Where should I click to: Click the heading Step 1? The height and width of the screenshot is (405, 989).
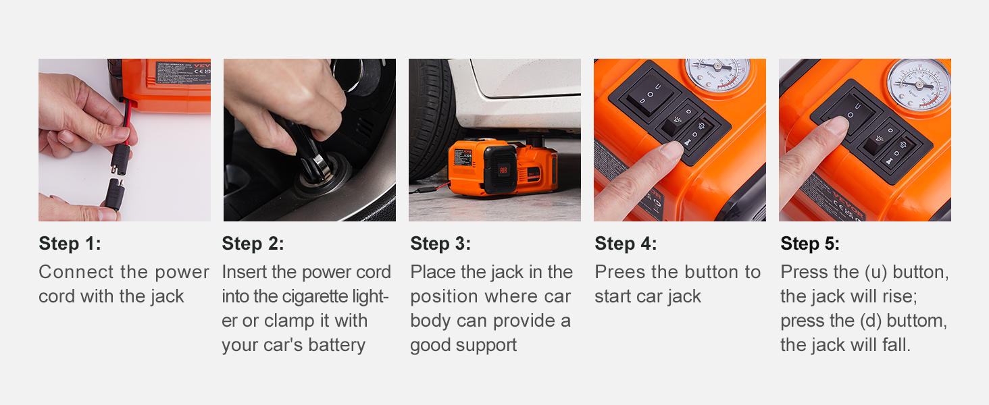[x=70, y=244]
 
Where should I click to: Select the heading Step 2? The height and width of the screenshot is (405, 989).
[x=253, y=244]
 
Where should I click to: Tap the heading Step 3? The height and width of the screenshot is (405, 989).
[x=440, y=244]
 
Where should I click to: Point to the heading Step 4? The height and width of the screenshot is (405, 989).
[x=626, y=244]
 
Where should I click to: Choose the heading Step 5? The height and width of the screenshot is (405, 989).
[x=810, y=244]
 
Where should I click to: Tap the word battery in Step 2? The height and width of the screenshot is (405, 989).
[x=336, y=345]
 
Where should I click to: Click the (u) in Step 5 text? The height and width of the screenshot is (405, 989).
[x=867, y=272]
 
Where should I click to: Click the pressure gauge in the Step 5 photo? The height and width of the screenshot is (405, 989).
[x=918, y=84]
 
